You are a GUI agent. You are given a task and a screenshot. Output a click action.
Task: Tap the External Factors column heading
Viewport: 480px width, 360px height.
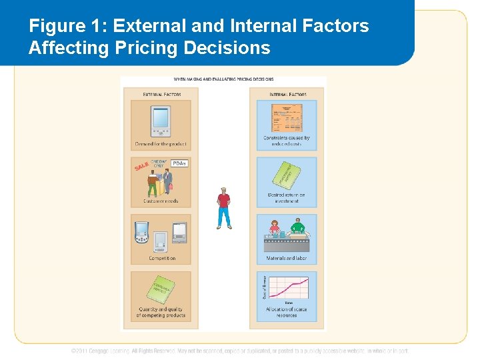[161, 95]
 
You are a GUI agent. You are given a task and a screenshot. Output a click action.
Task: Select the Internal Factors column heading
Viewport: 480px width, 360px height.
[287, 95]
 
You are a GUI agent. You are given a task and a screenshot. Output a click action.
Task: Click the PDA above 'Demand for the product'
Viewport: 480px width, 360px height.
[161, 121]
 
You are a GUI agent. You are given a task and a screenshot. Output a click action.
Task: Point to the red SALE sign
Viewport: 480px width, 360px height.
[141, 165]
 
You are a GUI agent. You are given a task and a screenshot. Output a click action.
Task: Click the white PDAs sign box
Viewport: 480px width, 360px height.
[179, 163]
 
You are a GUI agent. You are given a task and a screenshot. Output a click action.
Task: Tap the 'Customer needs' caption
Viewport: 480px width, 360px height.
[161, 201]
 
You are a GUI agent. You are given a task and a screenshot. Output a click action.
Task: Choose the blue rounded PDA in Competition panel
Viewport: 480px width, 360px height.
[141, 233]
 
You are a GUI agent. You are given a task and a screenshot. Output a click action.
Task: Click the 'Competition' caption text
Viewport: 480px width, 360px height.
[161, 258]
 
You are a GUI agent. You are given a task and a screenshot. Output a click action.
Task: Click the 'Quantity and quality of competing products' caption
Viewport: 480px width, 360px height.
[161, 312]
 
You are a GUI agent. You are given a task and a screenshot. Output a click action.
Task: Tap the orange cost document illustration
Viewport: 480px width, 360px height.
[287, 118]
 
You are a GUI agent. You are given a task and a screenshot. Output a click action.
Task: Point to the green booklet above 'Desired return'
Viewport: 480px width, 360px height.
[287, 175]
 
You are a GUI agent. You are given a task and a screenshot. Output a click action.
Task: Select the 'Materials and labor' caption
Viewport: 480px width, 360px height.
[287, 258]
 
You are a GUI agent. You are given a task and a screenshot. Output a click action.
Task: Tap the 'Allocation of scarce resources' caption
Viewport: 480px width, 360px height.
[287, 312]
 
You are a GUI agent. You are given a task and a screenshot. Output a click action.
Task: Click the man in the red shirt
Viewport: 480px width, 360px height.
[224, 207]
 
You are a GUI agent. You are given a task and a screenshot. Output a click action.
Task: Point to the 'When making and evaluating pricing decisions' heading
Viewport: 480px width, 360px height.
[224, 79]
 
